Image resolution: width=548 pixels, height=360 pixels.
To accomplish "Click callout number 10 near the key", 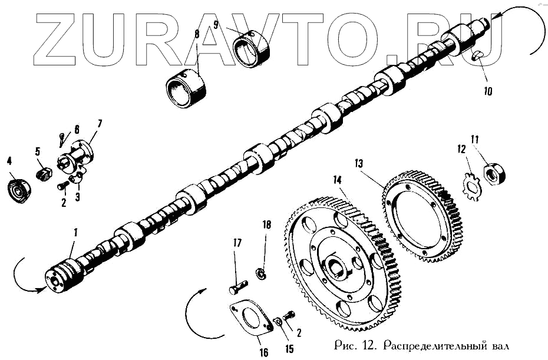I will (488, 92).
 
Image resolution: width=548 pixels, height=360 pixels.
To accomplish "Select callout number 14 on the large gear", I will (337, 179).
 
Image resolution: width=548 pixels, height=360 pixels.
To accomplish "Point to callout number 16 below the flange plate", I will (263, 352).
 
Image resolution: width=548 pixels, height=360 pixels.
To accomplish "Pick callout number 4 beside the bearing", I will (9, 160).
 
